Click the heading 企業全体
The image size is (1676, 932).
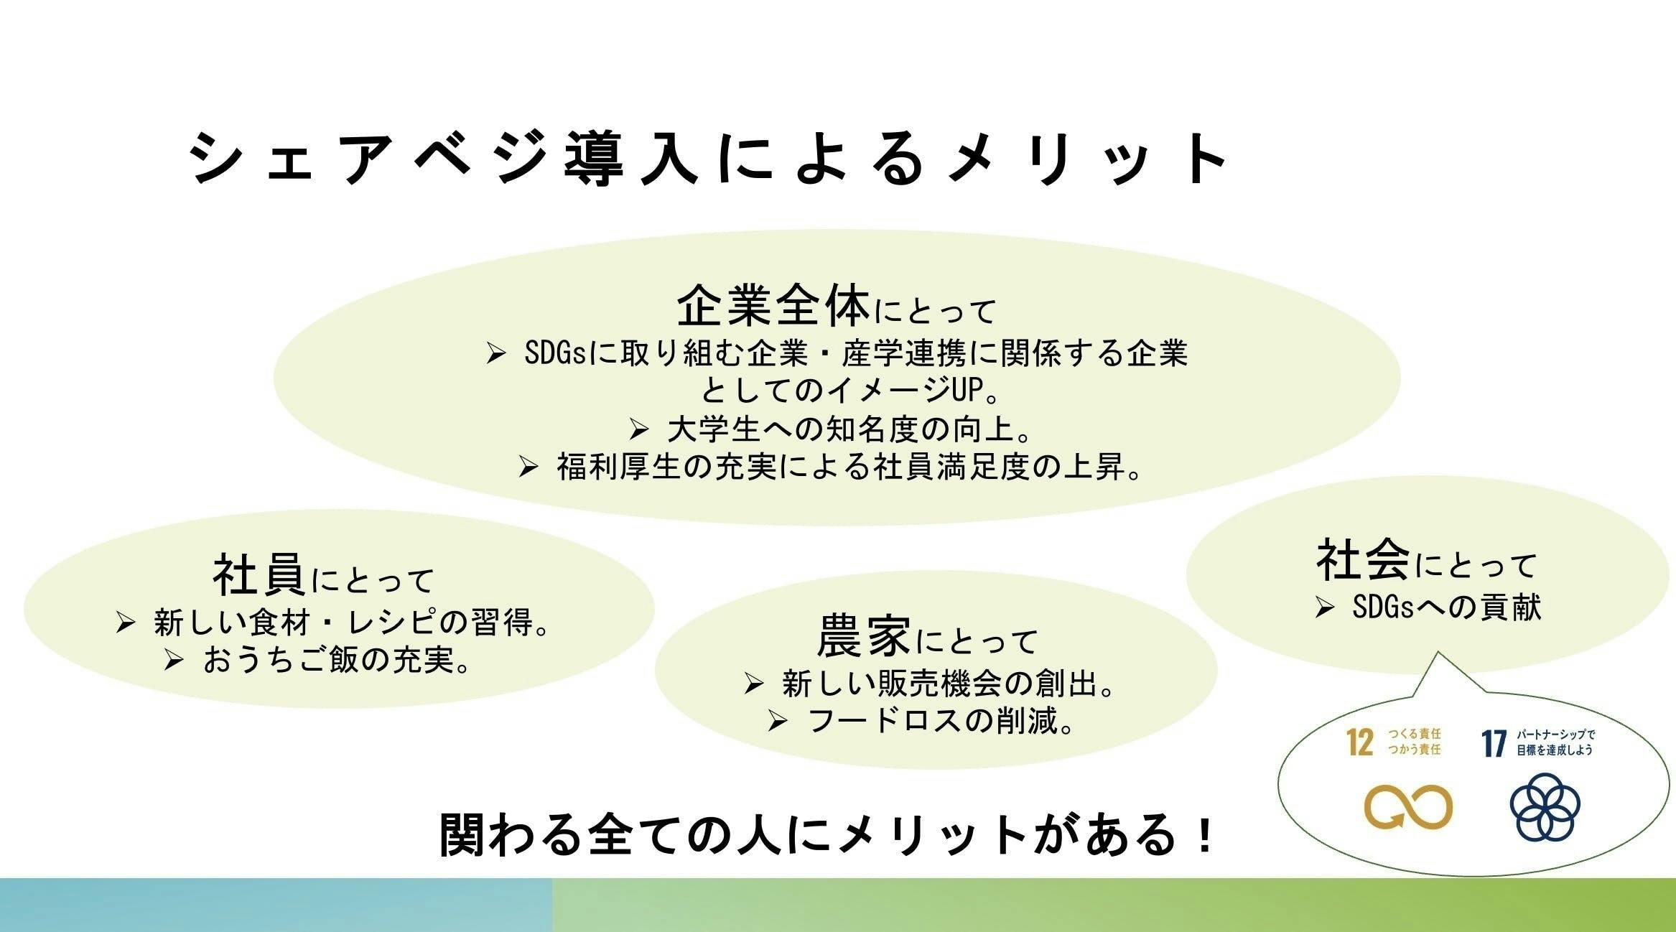click(773, 306)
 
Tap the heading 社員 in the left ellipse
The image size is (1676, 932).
click(259, 574)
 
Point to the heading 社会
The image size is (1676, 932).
click(1363, 561)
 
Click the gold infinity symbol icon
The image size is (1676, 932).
click(1408, 808)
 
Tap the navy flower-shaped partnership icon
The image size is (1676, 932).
click(1545, 806)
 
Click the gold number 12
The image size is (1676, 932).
click(1360, 742)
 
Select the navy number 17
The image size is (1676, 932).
click(1494, 743)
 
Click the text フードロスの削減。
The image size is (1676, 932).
click(941, 721)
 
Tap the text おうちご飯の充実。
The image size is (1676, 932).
click(337, 659)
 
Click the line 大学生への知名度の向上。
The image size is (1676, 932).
click(850, 429)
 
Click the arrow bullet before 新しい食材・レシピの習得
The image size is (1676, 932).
click(126, 623)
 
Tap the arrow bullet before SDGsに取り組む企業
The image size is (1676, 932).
click(496, 353)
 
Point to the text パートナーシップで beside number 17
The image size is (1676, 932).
click(1555, 735)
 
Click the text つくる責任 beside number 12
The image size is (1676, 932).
click(1414, 734)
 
